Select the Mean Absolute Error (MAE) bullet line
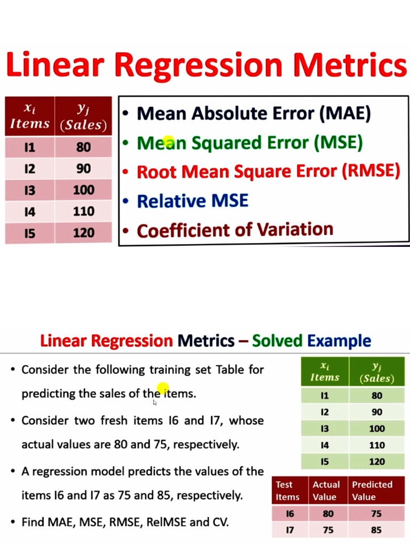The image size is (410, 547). tap(253, 113)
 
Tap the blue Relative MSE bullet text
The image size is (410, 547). tap(192, 201)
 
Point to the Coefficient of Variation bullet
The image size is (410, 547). tap(235, 230)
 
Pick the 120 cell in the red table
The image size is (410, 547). tap(83, 233)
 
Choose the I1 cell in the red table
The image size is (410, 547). tap(30, 147)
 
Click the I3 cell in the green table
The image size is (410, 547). tap(325, 428)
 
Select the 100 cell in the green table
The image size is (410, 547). tap(376, 428)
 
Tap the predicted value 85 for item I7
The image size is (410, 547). tap(376, 530)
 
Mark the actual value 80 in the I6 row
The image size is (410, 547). tap(328, 514)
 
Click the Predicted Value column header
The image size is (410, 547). tap(372, 490)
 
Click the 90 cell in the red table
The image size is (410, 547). tap(83, 169)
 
